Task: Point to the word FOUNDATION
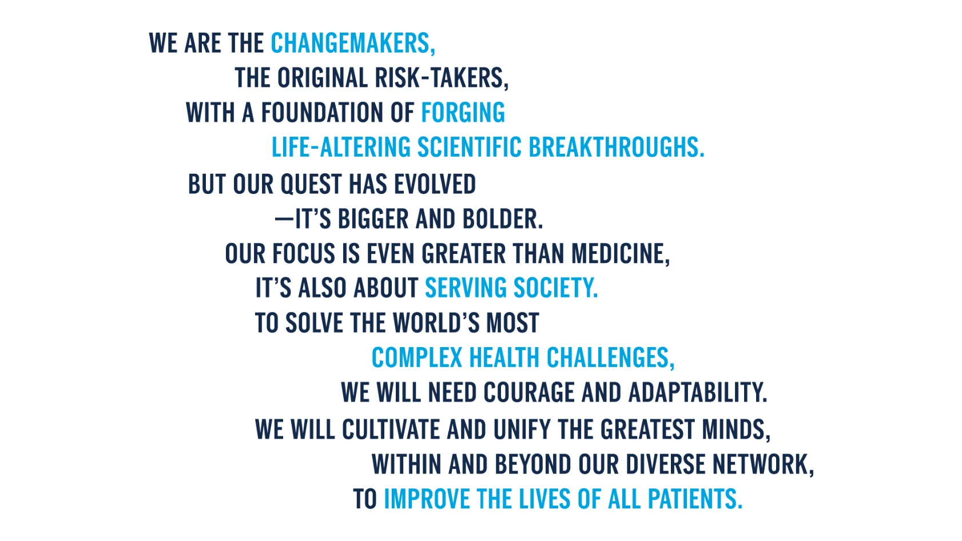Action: tap(323, 113)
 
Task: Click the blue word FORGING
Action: tap(463, 113)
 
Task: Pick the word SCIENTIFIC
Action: tap(470, 147)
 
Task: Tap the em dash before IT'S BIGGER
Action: tap(284, 219)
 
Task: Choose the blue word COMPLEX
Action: tap(416, 357)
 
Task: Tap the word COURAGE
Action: tap(529, 392)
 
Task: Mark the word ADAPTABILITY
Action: tap(697, 392)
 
